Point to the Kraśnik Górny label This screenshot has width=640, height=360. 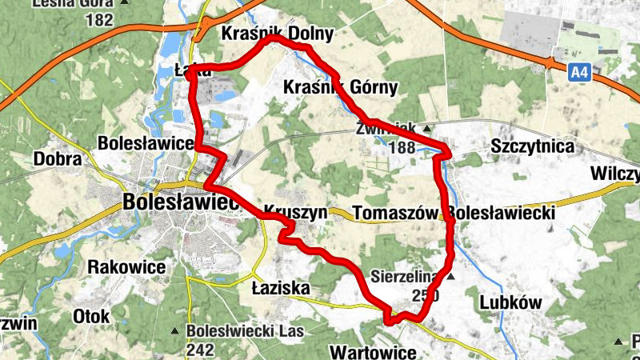click(340, 88)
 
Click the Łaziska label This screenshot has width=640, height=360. click(279, 286)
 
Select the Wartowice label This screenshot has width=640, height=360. click(373, 352)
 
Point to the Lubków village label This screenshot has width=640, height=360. click(511, 302)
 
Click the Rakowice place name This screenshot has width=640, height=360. click(128, 266)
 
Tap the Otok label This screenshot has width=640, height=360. click(91, 316)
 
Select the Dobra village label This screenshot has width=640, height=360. click(58, 159)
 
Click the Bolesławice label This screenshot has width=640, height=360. click(146, 143)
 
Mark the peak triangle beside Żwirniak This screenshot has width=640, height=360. click(426, 128)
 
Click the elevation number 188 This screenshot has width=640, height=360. click(401, 147)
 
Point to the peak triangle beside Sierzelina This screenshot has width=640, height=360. click(450, 277)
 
